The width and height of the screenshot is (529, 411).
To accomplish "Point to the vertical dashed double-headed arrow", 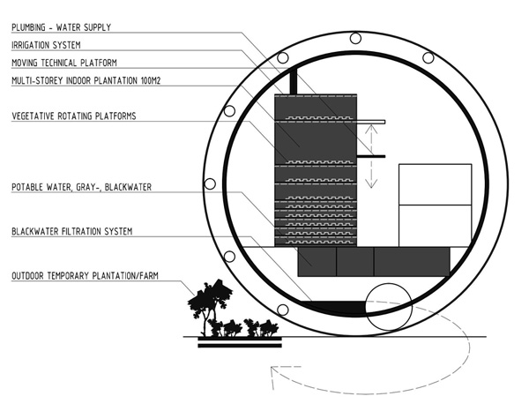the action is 372,155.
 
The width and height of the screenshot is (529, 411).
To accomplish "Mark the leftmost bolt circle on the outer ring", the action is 210,183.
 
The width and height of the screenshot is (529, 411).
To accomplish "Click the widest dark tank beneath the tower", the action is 412,260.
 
